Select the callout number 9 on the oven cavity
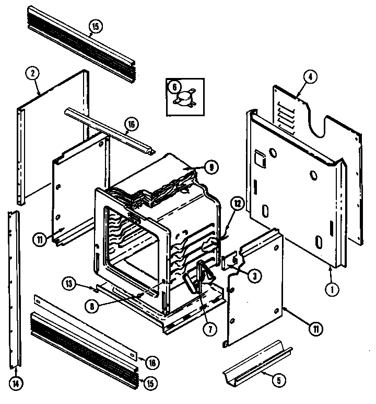point(211,167)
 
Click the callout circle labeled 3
point(253,276)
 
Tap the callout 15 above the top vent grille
point(95,27)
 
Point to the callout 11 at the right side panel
point(316,330)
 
